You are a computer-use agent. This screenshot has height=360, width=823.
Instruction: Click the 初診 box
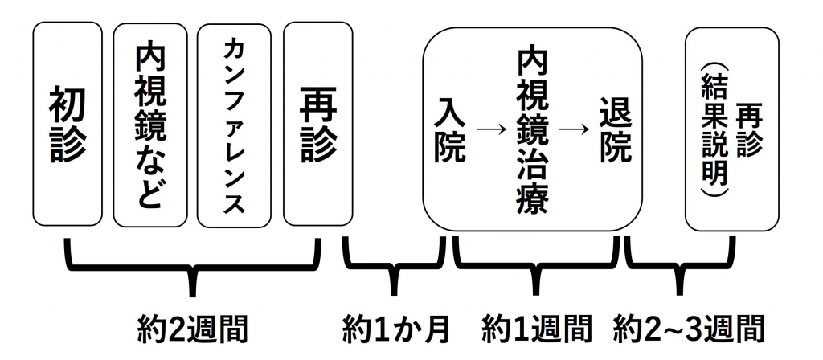pos(68,125)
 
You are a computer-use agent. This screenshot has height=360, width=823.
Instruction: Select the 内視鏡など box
pos(150,125)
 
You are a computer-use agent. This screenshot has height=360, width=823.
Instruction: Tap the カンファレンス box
pos(235,125)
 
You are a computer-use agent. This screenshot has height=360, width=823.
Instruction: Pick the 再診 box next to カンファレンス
pos(317,125)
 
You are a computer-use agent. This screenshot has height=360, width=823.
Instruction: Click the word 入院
pos(452,129)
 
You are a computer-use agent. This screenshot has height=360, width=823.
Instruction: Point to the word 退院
pos(616,129)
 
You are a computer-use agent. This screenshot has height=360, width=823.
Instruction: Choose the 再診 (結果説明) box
pos(731,129)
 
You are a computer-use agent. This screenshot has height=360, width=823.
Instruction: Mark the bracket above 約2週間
pos(193,269)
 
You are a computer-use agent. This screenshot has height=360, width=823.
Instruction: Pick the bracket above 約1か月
pos(394,269)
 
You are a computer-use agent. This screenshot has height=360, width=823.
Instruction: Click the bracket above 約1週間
pos(537,269)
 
